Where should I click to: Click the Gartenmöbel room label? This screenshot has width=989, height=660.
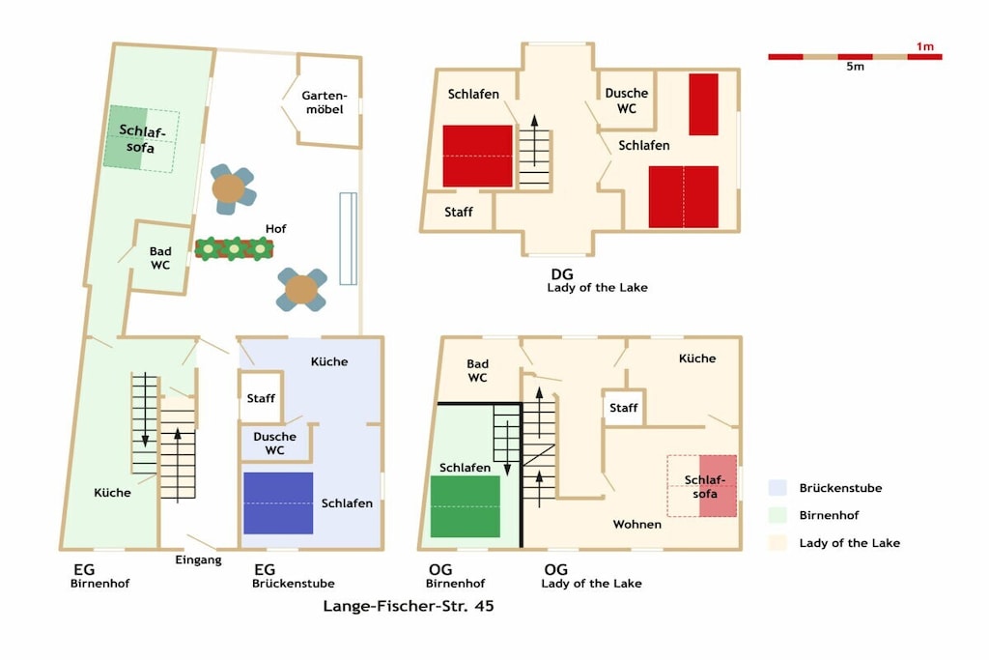325,102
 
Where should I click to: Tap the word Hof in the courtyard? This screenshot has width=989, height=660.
275,228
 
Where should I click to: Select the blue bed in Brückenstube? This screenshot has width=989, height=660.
278,502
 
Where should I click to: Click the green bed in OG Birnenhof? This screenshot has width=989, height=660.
466,506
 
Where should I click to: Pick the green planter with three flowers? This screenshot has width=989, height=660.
234,248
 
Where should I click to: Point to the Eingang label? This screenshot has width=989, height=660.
198,560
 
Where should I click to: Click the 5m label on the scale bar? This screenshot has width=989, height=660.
856,67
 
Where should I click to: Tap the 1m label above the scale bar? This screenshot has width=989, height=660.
924,46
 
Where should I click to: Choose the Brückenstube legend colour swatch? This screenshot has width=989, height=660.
777,488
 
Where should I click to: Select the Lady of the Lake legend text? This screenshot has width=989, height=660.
849,543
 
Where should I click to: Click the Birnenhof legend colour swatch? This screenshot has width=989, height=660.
777,515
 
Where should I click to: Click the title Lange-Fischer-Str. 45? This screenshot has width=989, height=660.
409,606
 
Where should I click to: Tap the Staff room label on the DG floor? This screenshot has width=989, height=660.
459,212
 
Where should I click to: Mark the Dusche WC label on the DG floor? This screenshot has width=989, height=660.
626,100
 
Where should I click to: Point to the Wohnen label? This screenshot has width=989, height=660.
637,525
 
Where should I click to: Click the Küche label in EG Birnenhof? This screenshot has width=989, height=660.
112,493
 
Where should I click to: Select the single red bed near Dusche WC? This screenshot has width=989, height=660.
703,104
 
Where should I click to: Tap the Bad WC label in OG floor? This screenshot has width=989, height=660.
477,371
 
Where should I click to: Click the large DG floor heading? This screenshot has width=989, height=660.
562,274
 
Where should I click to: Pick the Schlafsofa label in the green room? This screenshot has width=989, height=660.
141,139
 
